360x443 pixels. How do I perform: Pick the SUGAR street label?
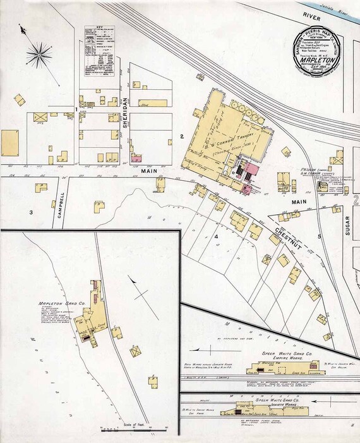(347, 224)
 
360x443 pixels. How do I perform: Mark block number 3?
(30, 212)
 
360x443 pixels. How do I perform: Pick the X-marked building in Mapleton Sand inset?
(135, 351)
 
